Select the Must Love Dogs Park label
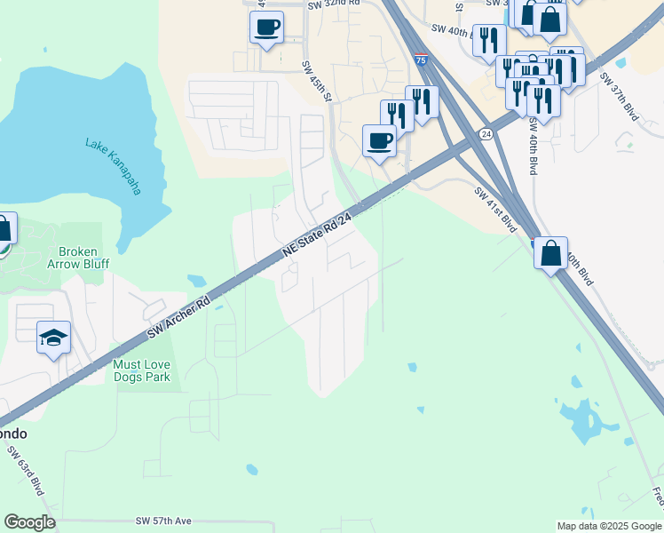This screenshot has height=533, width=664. (x=142, y=370)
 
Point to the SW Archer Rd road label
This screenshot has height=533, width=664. (x=178, y=315)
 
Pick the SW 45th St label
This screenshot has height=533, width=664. (x=316, y=80)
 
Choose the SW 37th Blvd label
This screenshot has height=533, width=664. (x=619, y=96)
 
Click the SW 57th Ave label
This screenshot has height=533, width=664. (x=164, y=521)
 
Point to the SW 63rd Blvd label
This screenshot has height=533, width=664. (x=28, y=477)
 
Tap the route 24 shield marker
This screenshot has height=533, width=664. (x=486, y=133)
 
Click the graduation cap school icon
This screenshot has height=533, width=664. (x=53, y=338)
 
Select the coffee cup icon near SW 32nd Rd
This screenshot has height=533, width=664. (x=266, y=27)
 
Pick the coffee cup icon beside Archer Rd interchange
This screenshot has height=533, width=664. (x=380, y=141)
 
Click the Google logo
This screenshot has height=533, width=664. (x=29, y=522)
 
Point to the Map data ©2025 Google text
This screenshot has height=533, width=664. (x=609, y=526)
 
